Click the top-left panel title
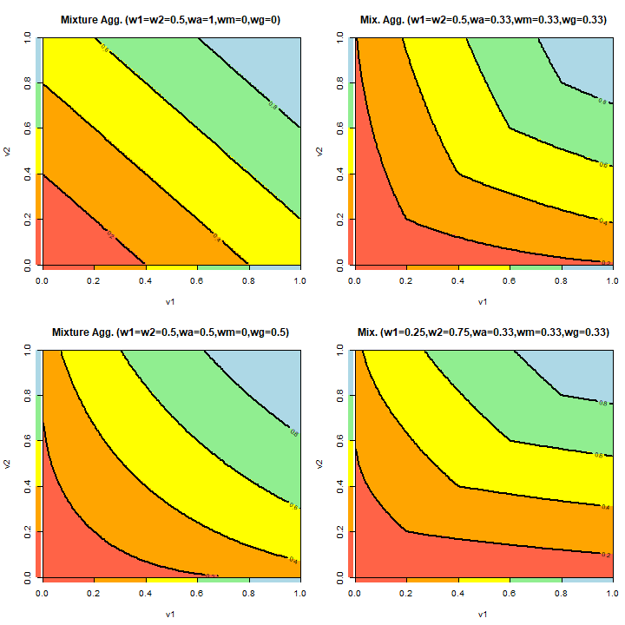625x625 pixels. coord(170,19)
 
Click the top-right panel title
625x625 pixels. coord(482,19)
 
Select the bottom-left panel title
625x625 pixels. coord(170,332)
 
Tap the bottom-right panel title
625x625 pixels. coord(482,332)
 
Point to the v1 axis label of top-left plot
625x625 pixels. coord(170,303)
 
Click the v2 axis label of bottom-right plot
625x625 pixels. coord(320,462)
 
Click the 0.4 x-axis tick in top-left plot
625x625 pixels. coord(145,282)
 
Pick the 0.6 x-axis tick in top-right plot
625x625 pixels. coord(509,282)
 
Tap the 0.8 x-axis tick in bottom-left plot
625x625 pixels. coord(248,595)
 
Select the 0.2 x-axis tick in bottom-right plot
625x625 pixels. coord(405,595)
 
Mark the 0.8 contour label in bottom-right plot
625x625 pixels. coord(602,403)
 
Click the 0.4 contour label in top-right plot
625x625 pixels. coord(602,222)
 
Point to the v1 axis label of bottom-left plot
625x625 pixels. coord(170,615)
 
